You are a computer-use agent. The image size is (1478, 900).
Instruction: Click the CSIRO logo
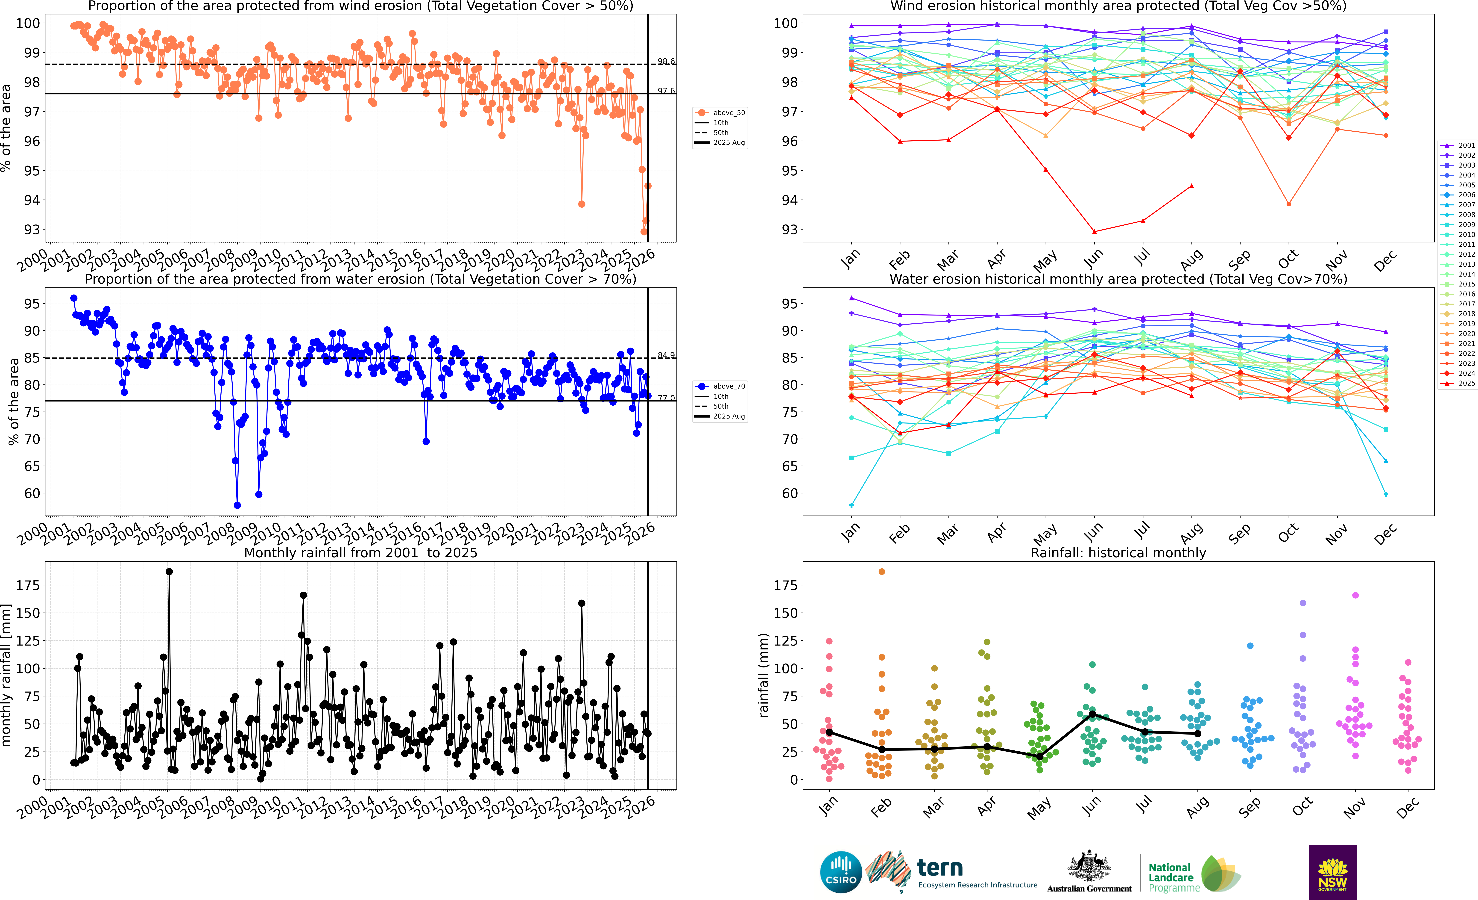(840, 872)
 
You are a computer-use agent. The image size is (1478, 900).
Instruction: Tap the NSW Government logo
(1332, 872)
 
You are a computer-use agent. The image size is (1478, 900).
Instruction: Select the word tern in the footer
(940, 868)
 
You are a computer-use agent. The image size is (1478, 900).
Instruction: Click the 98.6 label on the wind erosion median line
(666, 61)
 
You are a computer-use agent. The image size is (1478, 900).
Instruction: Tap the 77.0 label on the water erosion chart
(666, 398)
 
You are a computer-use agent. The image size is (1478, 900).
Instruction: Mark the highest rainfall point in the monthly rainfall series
(169, 572)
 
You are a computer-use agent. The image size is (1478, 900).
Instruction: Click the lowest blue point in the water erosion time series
(237, 505)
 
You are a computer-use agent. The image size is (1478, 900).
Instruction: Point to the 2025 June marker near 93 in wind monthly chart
(1094, 232)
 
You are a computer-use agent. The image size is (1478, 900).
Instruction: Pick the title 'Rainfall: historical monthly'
(1118, 553)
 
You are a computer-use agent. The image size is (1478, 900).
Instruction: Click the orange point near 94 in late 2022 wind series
(581, 204)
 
